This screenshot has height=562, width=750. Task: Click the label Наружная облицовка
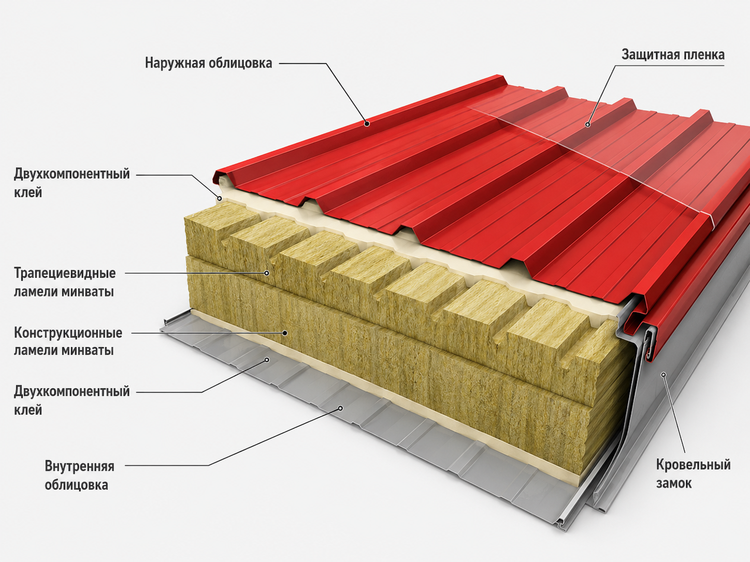coord(208,63)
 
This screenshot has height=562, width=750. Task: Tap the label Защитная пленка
coord(673,55)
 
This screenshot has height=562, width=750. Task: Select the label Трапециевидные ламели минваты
coord(65,283)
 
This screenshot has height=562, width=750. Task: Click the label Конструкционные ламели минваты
coord(68,342)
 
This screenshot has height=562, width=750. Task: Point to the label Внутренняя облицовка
coord(79,476)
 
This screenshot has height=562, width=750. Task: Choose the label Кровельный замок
coord(693,474)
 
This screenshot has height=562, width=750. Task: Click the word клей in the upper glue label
coord(28,193)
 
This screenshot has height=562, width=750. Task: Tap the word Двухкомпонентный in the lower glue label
coord(72,392)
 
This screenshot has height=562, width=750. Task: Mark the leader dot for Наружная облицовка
coord(367,124)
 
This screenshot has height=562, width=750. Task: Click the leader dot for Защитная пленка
coord(588,125)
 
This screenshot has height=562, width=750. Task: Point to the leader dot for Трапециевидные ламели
coord(267,273)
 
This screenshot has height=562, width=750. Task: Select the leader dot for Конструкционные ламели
coord(285,333)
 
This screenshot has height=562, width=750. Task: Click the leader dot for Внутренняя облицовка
coord(340,408)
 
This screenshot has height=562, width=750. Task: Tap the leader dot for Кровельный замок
coord(664,375)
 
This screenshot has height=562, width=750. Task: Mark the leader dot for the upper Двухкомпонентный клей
coord(220,198)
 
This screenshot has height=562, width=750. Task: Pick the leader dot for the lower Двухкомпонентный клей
coord(268,360)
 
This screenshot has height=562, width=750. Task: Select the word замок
coord(674,483)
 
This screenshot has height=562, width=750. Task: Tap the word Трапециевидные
coord(65,273)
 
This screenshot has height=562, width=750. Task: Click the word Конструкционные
coord(68,333)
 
